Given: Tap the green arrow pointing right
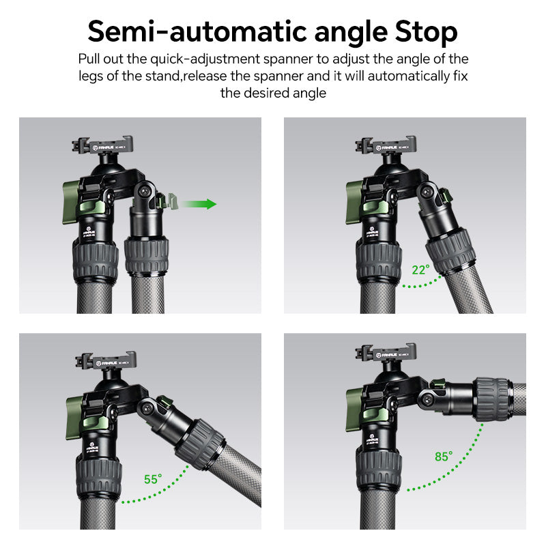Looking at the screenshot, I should pos(200,203).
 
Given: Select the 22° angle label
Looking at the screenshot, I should pos(420,270).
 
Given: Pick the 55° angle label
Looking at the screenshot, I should pos(153,479).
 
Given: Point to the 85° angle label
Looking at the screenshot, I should pos(443,457).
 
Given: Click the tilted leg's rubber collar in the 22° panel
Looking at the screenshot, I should pos(450,251).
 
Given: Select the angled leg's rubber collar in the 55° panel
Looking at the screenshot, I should pos(199,444).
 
